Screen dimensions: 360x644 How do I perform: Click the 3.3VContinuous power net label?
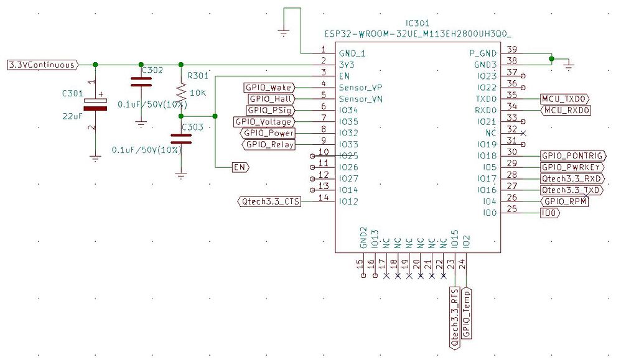pos(42,65)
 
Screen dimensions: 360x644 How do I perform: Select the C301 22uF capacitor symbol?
pos(95,104)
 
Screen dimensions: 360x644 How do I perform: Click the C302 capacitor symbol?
pos(141,81)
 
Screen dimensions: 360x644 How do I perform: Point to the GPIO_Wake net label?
pos(269,88)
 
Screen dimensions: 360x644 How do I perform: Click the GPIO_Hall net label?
pos(271,99)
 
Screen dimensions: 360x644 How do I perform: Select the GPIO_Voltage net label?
pos(263,122)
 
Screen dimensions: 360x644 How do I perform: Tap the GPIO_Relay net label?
pos(268,145)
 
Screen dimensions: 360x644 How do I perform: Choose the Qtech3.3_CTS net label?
pos(269,201)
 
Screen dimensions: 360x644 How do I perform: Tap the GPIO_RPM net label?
pos(564,201)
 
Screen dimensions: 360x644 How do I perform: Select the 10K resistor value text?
pos(198,93)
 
